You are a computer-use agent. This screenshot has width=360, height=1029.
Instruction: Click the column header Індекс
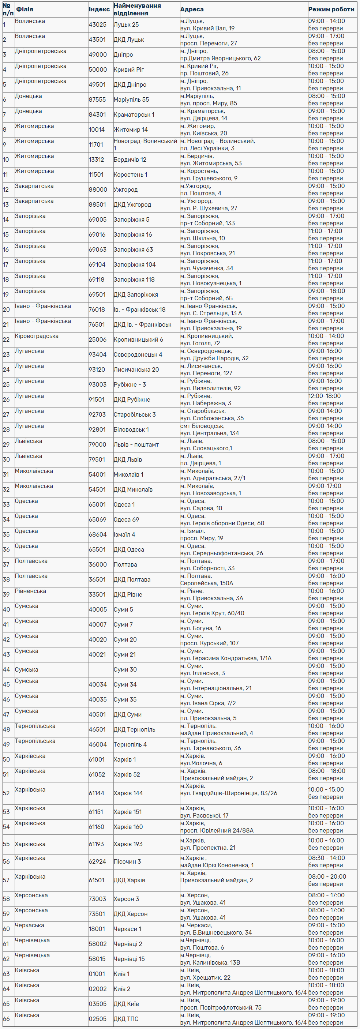pos(99,9)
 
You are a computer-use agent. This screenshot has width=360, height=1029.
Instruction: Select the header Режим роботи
pos(331,9)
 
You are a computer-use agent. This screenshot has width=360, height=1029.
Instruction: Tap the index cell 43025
pos(97,25)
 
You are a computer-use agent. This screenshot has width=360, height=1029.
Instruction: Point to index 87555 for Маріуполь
pos(97,99)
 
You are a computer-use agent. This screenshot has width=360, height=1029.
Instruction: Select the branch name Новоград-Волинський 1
pos(145,144)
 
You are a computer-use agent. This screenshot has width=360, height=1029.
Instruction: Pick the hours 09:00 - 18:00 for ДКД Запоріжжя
pos(326,291)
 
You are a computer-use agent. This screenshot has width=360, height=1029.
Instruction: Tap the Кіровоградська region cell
pos(36,336)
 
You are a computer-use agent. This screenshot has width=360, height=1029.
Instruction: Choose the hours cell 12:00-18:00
pos(325,396)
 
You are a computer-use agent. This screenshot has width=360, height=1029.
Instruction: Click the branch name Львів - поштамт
pos(136,444)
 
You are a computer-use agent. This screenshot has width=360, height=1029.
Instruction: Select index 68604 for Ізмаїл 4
pos(97,534)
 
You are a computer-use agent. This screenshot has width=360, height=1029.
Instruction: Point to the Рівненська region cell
pos(30,591)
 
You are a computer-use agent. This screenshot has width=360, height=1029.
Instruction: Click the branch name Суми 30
pos(125,669)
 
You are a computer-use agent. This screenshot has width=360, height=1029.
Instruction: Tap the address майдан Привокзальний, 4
pos(216,733)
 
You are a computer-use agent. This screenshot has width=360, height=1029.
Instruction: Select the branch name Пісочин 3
pos(127,861)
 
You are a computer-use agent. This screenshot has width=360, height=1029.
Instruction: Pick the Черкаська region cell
pos(29,925)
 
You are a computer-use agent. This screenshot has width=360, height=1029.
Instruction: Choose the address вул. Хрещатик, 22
pos(205,977)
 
